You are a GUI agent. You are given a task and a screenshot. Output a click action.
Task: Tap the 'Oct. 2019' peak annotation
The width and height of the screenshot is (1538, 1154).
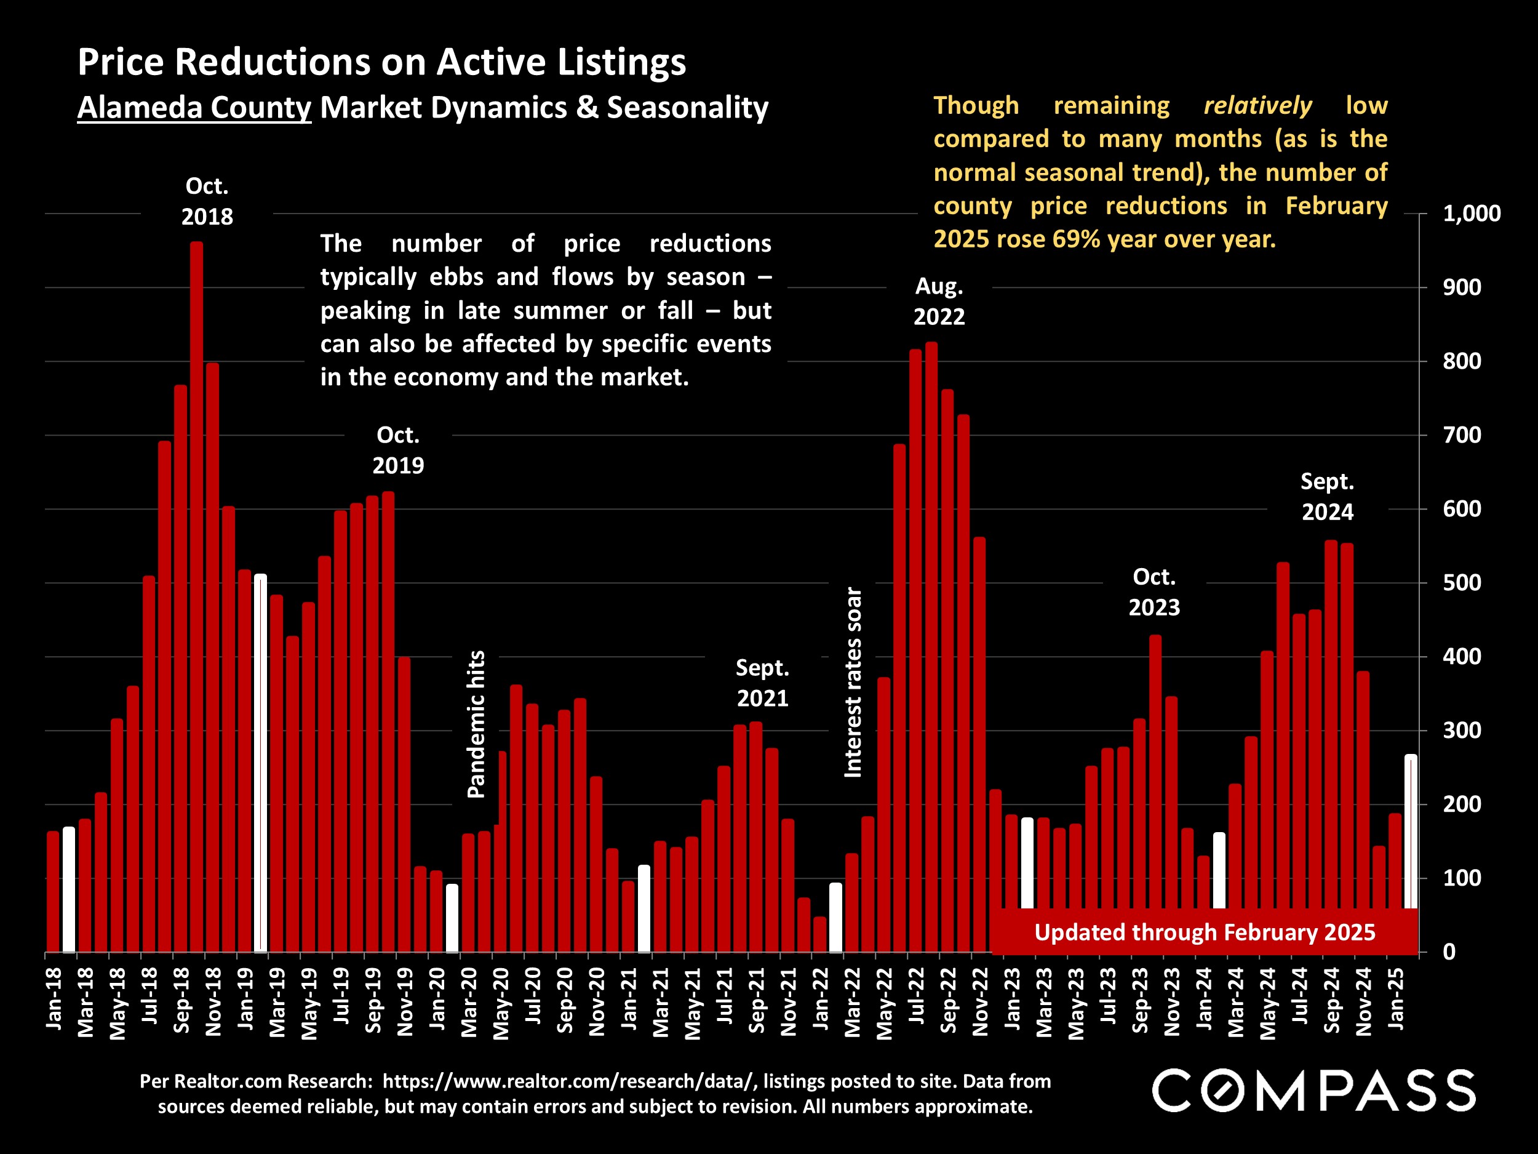click(397, 450)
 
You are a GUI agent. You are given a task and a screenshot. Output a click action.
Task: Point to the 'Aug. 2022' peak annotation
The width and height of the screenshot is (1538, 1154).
click(939, 301)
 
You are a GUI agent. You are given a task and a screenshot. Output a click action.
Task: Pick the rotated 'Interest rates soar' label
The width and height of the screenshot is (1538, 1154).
click(853, 683)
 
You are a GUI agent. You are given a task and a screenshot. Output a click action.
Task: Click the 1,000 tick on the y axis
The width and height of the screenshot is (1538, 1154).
click(1472, 214)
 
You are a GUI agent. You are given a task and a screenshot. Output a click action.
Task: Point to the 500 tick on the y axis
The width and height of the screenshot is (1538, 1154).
click(1462, 583)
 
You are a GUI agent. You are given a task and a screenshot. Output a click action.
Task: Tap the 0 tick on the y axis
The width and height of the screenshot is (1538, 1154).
click(1449, 952)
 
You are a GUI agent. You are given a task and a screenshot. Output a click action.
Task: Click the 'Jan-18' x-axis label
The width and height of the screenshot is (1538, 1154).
click(54, 998)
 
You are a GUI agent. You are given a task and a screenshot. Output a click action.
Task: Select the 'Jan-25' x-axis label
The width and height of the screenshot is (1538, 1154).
click(1395, 998)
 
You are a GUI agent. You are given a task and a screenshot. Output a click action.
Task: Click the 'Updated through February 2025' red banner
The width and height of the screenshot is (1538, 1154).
click(1205, 932)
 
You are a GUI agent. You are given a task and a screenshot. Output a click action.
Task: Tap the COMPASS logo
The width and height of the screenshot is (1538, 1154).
click(1313, 1091)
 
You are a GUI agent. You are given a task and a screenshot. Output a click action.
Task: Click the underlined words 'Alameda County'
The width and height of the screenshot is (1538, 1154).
click(194, 108)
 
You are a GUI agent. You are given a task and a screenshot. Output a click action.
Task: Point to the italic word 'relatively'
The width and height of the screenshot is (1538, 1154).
click(1257, 106)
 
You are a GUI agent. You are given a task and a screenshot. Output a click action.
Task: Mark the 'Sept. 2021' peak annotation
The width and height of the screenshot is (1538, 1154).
click(762, 683)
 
